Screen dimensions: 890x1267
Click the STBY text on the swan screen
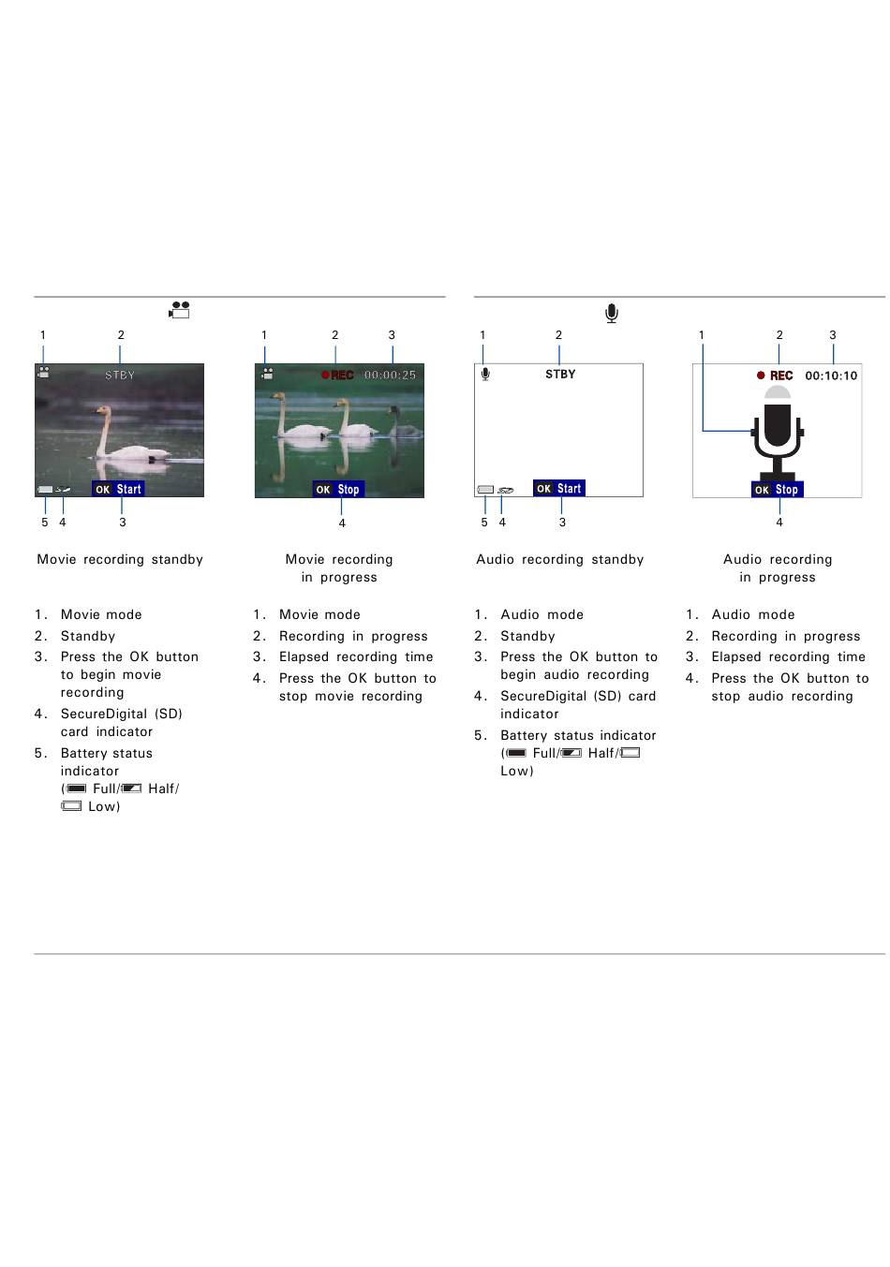(120, 376)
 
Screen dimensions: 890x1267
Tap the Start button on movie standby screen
(118, 489)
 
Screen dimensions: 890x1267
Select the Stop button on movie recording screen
(338, 490)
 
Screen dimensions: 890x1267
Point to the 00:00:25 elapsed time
(390, 376)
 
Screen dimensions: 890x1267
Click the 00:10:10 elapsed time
(831, 376)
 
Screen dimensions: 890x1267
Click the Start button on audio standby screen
(559, 489)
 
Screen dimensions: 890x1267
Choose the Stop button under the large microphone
(778, 490)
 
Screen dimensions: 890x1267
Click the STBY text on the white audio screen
(560, 375)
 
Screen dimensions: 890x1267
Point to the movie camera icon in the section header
(179, 311)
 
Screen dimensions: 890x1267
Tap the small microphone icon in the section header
(612, 314)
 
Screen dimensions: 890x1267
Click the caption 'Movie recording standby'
(120, 560)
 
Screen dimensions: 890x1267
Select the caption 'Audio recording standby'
(560, 560)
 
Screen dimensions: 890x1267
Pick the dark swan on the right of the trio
(403, 423)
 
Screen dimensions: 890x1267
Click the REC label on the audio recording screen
(780, 376)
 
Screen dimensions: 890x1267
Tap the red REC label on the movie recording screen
(341, 376)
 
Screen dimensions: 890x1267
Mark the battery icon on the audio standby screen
(485, 490)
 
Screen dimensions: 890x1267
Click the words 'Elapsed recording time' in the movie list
(356, 657)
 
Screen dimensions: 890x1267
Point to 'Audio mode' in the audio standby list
(541, 615)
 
